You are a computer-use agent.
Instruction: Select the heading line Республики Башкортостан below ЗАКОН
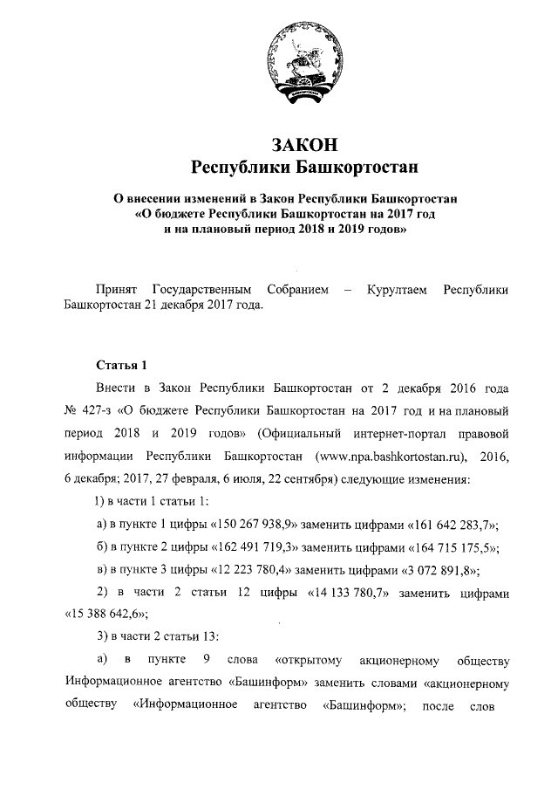click(304, 166)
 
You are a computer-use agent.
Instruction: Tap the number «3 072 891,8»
click(433, 569)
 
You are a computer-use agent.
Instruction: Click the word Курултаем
click(396, 289)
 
